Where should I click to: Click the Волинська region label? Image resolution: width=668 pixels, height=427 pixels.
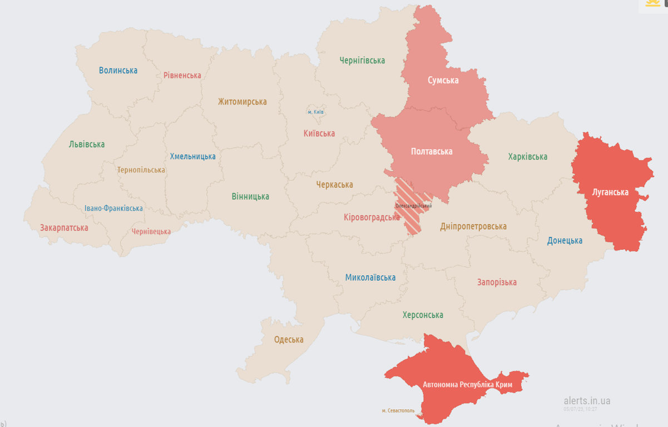click(118, 71)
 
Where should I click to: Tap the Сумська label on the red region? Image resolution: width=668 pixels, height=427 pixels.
click(443, 80)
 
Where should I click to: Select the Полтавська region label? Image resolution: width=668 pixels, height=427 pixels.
click(431, 151)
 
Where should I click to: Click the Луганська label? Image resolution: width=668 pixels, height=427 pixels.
click(610, 192)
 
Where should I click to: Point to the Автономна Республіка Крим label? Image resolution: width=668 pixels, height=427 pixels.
click(467, 385)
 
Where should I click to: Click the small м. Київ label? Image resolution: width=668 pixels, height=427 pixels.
click(315, 112)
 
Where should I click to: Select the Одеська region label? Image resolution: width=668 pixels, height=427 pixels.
click(289, 340)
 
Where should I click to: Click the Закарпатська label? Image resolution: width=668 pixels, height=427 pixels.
click(64, 228)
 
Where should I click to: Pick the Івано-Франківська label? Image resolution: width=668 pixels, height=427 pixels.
click(113, 208)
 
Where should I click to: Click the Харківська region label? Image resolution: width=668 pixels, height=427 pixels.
click(527, 157)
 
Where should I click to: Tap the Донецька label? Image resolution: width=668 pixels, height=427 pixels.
click(565, 241)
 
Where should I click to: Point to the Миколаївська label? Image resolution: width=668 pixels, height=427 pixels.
click(370, 277)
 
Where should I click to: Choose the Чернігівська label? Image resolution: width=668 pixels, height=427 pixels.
click(362, 61)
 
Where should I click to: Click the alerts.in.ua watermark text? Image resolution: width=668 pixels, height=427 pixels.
click(587, 401)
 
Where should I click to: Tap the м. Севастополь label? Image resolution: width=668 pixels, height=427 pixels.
click(398, 411)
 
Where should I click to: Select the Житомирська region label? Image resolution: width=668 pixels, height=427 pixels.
click(242, 102)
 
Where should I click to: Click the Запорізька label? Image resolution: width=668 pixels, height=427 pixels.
click(497, 282)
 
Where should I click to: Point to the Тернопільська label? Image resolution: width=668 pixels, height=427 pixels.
click(141, 170)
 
